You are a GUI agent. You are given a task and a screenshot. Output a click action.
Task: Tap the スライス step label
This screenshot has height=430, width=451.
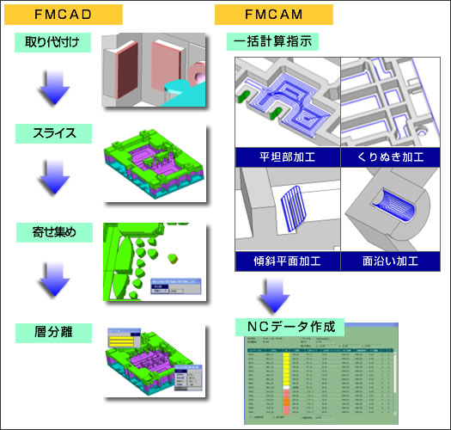tap(52, 133)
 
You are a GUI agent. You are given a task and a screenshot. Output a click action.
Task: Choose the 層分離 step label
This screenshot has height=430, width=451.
tap(52, 331)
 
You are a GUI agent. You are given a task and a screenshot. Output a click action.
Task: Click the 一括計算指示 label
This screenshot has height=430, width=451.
tap(274, 40)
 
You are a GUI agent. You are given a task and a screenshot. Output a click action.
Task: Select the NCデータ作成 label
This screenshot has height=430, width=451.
tap(289, 327)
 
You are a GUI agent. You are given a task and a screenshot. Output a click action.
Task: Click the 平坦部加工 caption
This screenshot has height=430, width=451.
tap(287, 157)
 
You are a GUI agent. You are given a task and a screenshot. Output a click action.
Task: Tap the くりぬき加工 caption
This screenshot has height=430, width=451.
tap(392, 157)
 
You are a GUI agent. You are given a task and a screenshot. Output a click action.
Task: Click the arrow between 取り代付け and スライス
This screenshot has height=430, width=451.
tap(52, 87)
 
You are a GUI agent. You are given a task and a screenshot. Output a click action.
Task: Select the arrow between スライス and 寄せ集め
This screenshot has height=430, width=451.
tap(52, 182)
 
